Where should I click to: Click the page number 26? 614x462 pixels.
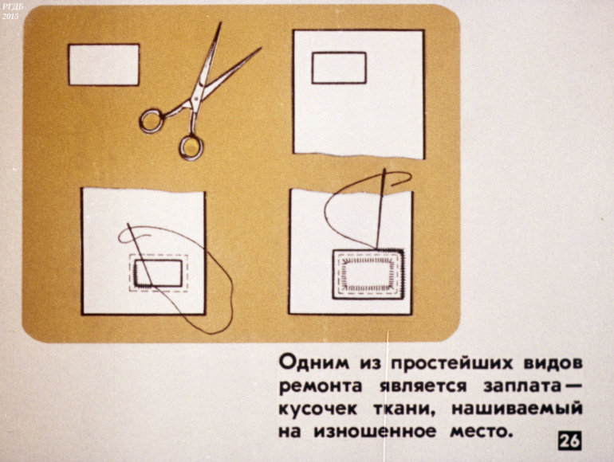[570, 441]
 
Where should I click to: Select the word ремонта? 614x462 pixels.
[321, 386]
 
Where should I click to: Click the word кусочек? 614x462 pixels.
[317, 409]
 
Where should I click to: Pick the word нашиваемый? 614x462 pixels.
[517, 409]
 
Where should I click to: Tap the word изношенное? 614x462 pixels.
[374, 431]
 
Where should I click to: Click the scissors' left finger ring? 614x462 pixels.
[152, 121]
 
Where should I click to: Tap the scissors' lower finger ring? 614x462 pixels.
[191, 147]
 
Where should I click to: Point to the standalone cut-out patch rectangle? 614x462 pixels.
[104, 65]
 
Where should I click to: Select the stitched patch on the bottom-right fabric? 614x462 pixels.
[368, 274]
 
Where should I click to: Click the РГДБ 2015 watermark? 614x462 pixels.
[10, 11]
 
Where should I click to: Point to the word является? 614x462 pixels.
[423, 386]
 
